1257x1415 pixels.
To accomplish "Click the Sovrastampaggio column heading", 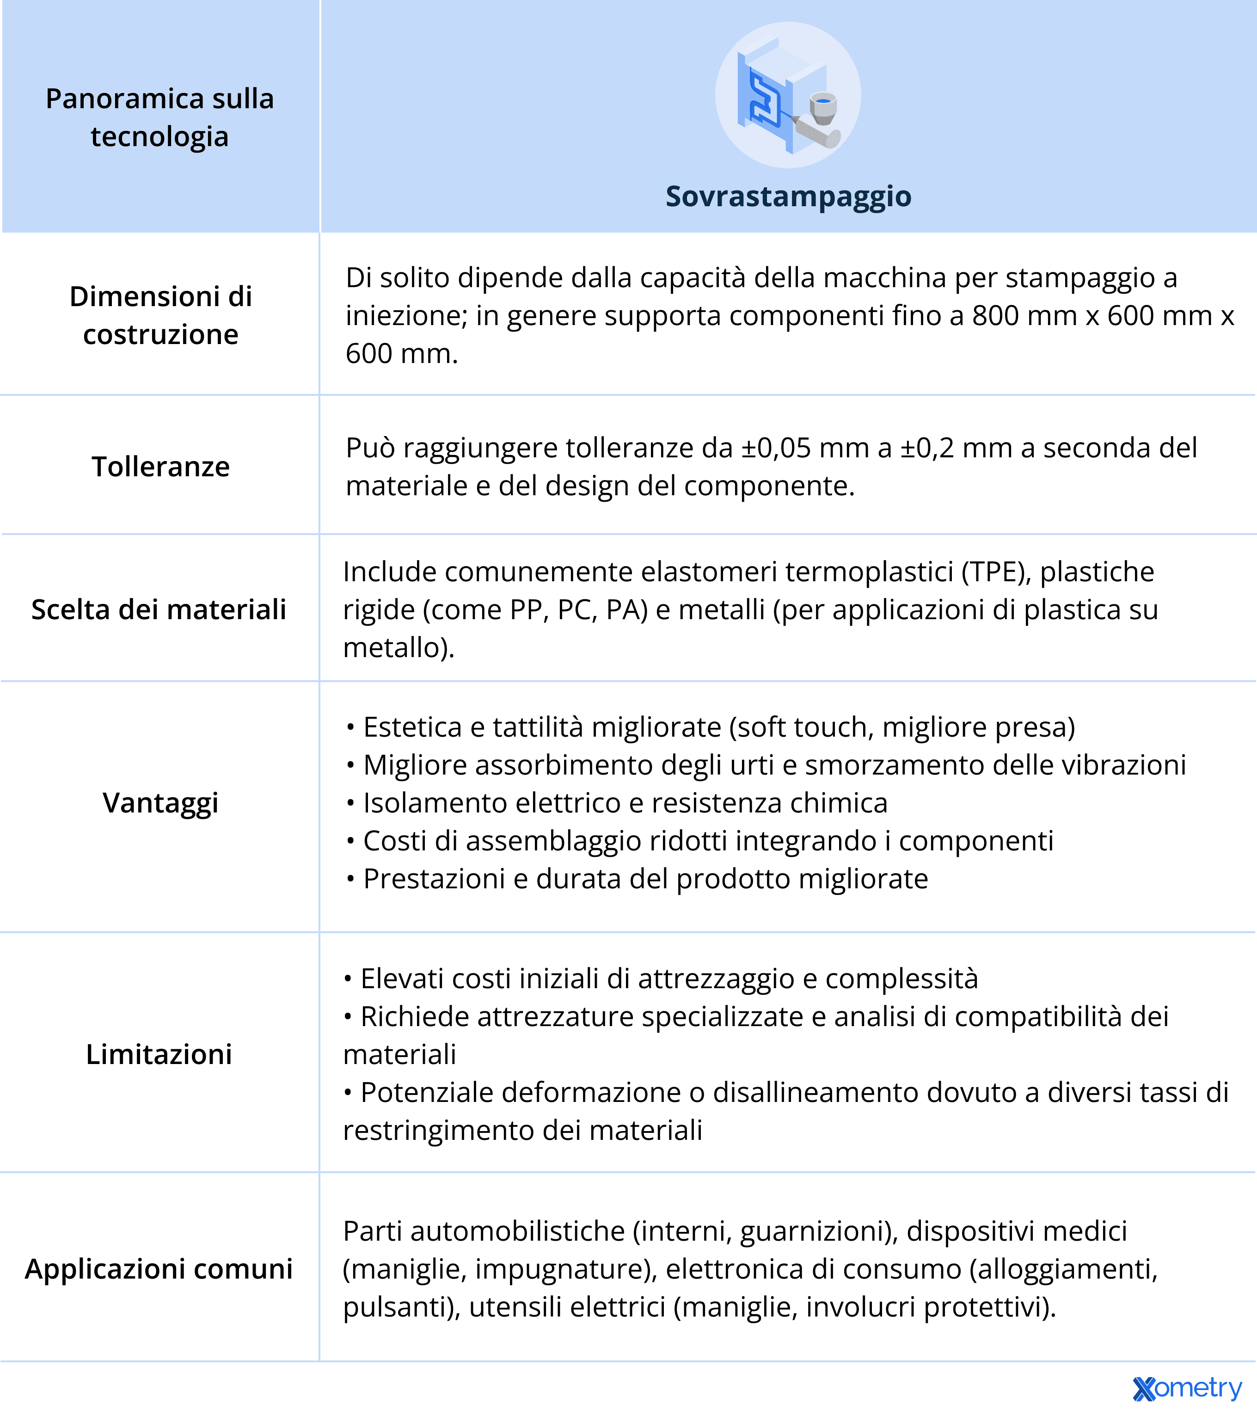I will (788, 197).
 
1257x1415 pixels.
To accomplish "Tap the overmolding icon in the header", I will (788, 95).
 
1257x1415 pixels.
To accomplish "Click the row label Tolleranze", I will (160, 467).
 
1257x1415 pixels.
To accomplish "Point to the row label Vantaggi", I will (160, 803).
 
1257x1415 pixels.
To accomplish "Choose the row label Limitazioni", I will (159, 1054).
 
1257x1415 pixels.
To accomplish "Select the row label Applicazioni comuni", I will (159, 1269).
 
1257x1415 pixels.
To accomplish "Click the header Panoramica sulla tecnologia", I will (160, 118).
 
